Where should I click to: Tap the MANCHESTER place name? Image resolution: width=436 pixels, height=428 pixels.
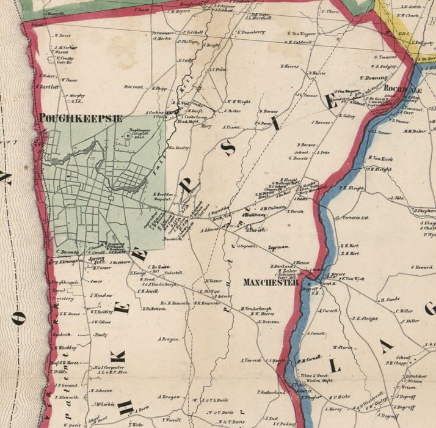click(x=271, y=282)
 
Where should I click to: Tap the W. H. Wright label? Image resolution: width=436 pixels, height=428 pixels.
click(x=238, y=101)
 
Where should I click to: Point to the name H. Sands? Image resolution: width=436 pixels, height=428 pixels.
click(x=389, y=300)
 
